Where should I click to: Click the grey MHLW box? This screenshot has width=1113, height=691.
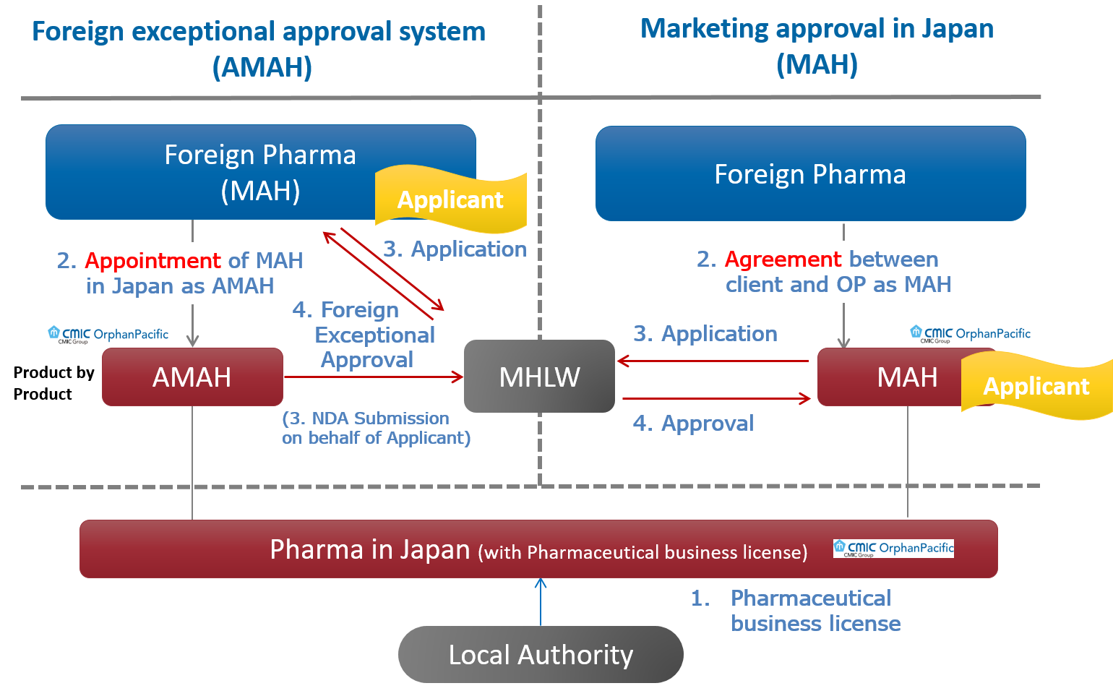point(539,377)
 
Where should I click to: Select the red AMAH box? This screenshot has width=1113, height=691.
point(192,377)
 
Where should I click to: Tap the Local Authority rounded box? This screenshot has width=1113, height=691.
point(540,655)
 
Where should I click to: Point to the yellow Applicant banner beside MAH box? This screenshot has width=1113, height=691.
point(1036,386)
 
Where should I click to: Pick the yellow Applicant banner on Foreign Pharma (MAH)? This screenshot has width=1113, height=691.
point(450,199)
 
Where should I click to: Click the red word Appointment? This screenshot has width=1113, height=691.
point(153,260)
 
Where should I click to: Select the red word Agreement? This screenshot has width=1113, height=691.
point(783,259)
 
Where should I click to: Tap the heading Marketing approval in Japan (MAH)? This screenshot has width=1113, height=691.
point(817,46)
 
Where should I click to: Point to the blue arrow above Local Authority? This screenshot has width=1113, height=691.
point(541,601)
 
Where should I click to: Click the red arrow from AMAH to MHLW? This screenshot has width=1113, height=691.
point(372,377)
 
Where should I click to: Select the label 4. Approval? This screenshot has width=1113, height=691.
point(693,423)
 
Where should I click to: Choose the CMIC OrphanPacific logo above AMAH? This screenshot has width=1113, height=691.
point(108,335)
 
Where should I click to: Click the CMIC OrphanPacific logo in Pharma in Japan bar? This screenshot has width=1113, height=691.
point(893,549)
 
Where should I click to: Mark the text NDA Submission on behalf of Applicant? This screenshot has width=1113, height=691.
point(376,428)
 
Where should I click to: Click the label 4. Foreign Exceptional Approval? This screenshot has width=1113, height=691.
point(365,335)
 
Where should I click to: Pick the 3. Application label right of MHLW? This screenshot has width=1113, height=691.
point(705,333)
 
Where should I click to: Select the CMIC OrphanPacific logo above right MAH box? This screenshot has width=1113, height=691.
point(970,334)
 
